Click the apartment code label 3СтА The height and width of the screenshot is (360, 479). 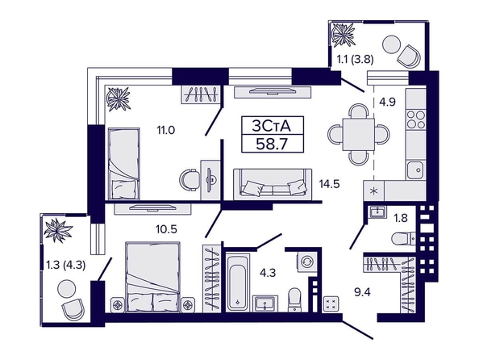tap(273, 126)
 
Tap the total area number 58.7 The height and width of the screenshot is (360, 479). tap(273, 144)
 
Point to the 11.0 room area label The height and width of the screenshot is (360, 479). tap(165, 130)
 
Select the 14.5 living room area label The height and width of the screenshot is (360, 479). tap(329, 184)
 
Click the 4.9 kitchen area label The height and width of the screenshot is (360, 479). tap(387, 102)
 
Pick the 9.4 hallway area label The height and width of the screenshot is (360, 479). tap(362, 292)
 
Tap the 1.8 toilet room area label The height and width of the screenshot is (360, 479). tap(400, 218)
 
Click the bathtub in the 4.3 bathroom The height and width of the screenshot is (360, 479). tap(237, 283)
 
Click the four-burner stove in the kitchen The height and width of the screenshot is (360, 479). tap(416, 119)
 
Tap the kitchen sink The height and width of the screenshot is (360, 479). tap(416, 170)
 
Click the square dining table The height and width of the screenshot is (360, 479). tap(359, 134)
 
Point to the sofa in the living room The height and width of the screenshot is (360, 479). tap(273, 184)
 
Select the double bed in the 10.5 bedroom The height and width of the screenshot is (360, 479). tap(152, 277)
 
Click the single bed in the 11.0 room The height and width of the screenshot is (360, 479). tap(124, 164)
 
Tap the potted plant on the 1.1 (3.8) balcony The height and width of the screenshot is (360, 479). tap(344, 35)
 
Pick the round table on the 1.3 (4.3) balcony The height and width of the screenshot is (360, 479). tap(67, 288)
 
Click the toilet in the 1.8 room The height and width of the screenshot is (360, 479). tap(403, 239)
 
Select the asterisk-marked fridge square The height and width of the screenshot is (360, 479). tap(374, 190)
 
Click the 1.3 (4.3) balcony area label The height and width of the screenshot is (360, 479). tap(65, 265)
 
